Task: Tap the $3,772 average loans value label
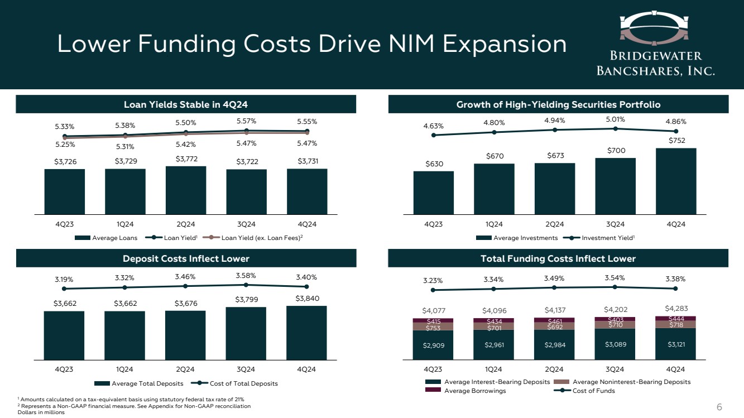(186, 159)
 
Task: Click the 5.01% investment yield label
(615, 119)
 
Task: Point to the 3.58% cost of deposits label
(246, 275)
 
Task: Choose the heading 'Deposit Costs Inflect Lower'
(186, 258)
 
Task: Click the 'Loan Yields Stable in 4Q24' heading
(186, 104)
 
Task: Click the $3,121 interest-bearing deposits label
(676, 344)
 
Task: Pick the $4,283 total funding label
(676, 308)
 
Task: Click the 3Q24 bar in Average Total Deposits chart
(246, 333)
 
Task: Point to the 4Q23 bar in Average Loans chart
(65, 191)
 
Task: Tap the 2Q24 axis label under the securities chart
(554, 224)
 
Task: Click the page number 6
(720, 407)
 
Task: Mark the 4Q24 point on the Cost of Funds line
(676, 289)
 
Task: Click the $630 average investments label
(433, 165)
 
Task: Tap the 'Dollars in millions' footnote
(41, 412)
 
